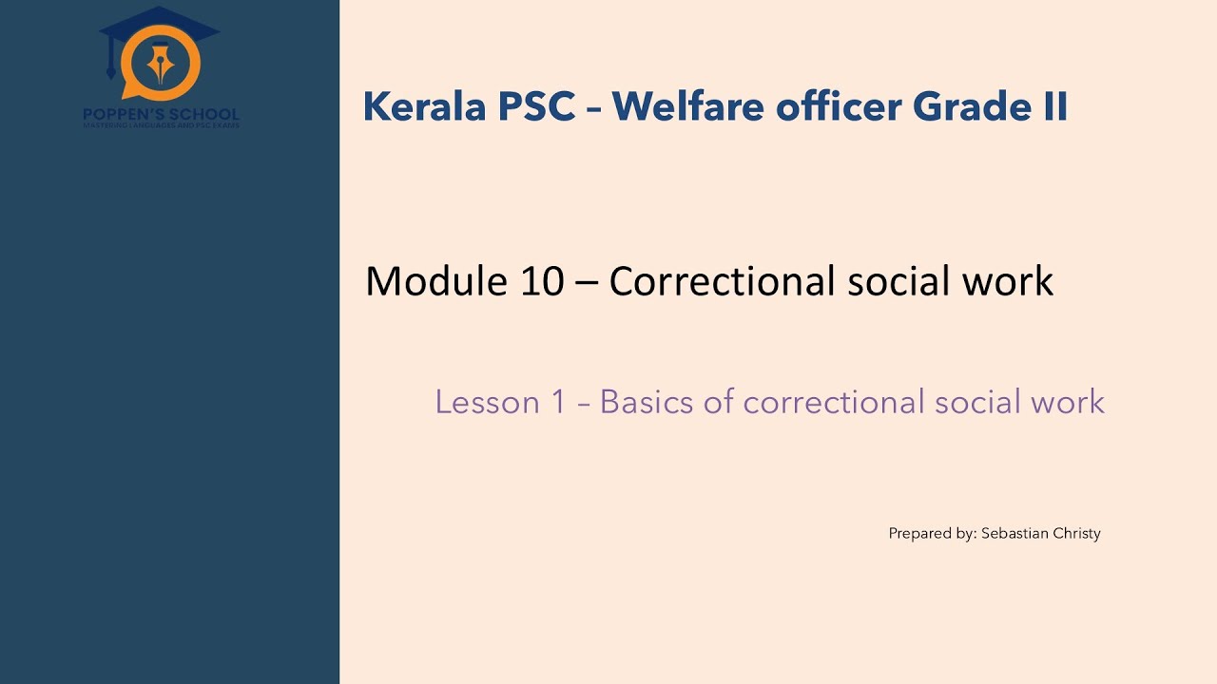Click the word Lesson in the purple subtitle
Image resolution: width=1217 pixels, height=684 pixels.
(x=487, y=402)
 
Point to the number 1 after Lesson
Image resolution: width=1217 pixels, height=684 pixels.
(x=558, y=402)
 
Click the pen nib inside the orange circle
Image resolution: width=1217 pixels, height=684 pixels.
(x=161, y=64)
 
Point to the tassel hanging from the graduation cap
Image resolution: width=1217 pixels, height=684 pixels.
(x=111, y=66)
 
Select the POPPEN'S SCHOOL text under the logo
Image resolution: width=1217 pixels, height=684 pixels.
(x=161, y=114)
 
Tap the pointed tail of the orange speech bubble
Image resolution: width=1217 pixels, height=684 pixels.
(x=126, y=94)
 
